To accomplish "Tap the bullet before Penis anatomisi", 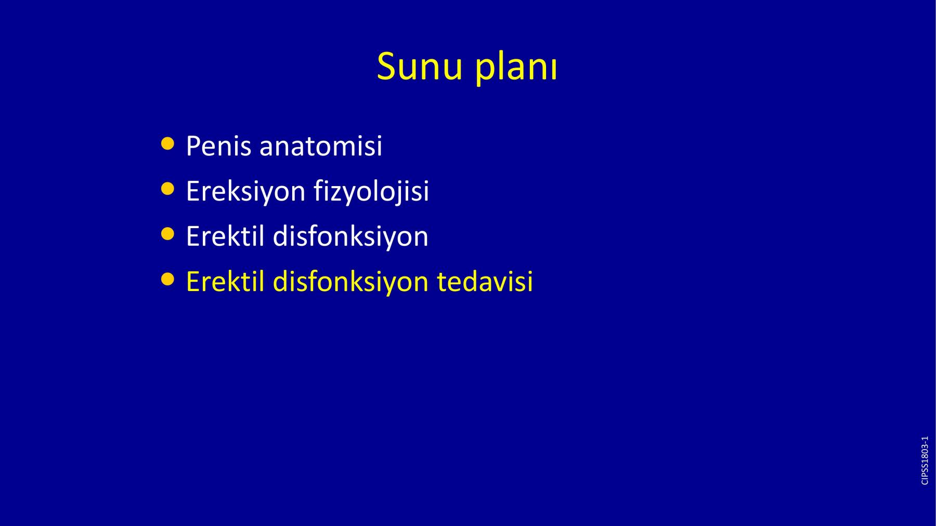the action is point(167,143).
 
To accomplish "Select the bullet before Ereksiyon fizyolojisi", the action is point(167,189).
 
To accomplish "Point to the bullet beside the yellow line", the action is point(167,280).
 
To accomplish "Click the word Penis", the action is point(218,146).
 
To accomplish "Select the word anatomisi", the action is point(321,146).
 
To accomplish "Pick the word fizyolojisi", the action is point(371,192).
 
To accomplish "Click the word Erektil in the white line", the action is point(225,236).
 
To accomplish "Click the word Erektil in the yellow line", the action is point(225,281).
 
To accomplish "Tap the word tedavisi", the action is point(485,281).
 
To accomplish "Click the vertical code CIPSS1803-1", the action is point(925,461).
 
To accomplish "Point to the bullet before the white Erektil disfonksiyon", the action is point(167,234).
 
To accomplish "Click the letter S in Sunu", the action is point(386,67).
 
